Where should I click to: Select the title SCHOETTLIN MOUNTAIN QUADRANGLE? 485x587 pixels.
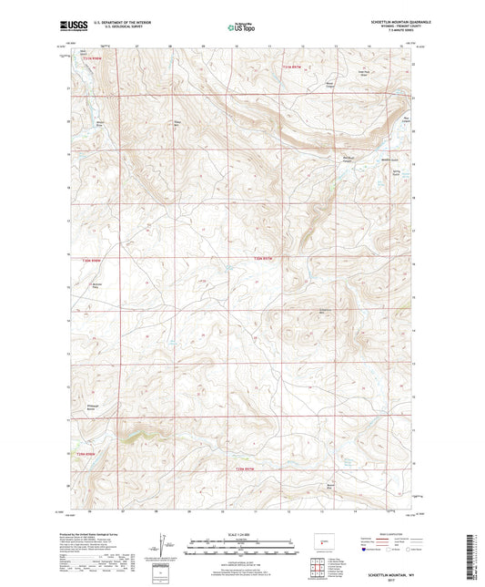pyautogui.click(x=385, y=23)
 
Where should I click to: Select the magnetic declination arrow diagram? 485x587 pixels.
pyautogui.click(x=160, y=546)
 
